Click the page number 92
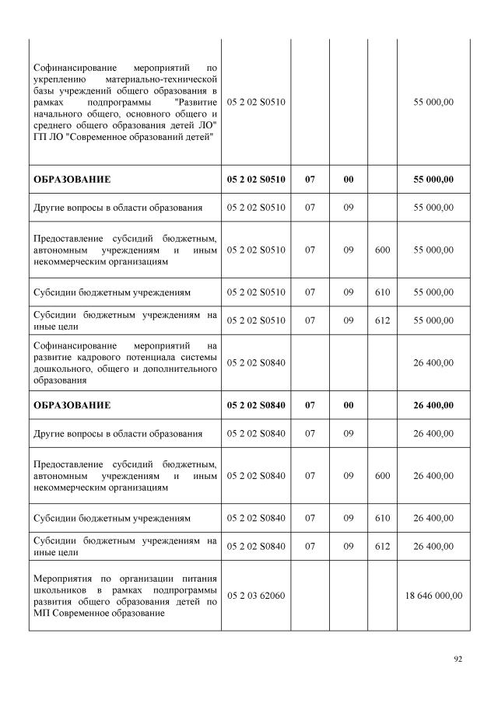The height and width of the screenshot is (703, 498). pos(458,659)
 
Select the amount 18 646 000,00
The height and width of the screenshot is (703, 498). pos(433,596)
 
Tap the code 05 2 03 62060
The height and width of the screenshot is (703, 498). pos(256,596)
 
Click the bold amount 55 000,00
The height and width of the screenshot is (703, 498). pos(433,180)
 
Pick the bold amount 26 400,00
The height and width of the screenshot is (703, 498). pos(433,405)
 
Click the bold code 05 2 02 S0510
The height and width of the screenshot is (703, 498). pos(256,180)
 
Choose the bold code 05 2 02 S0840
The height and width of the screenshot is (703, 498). pos(256,405)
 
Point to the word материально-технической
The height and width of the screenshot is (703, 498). pos(164,80)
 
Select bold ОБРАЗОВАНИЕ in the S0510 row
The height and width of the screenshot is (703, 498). pos(72,180)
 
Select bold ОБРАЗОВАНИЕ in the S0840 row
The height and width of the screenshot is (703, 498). pos(72,405)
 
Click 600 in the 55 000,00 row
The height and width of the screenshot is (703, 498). pos(382,250)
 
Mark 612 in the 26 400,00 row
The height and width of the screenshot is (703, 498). pos(382,546)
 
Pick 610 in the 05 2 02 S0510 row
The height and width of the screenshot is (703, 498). pos(382,292)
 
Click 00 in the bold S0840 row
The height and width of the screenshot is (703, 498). pos(348,405)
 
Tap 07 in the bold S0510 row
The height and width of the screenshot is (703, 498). pos(310,180)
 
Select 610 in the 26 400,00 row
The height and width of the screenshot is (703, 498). pos(382,518)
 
